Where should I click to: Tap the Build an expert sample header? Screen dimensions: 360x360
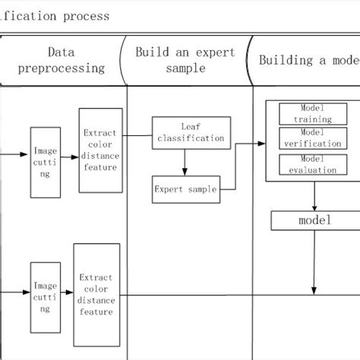click(185, 60)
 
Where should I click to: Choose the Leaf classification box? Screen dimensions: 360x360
click(188, 133)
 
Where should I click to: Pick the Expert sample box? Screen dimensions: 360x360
click(185, 189)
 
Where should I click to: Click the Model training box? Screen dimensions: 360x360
click(311, 115)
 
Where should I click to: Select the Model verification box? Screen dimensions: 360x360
click(311, 138)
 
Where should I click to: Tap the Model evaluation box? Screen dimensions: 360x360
click(311, 165)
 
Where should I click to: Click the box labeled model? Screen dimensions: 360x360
click(314, 221)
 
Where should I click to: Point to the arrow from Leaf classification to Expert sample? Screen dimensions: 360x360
click(185, 163)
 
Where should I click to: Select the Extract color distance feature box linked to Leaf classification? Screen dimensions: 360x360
click(100, 150)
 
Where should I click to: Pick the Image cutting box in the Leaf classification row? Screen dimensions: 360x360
click(45, 163)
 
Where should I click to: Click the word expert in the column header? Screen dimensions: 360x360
click(210, 52)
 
